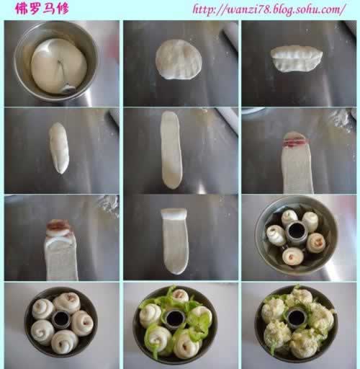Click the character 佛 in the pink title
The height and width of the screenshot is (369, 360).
point(21,9)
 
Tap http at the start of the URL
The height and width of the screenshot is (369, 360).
point(203,9)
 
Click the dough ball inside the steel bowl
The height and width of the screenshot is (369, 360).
point(59,66)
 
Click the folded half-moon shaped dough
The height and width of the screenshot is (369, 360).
point(297,58)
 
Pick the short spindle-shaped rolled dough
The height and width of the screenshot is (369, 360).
point(59,148)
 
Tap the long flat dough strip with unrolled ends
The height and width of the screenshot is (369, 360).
point(171,150)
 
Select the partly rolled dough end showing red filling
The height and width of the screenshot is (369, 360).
point(59,228)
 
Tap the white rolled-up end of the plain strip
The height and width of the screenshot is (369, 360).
point(174,214)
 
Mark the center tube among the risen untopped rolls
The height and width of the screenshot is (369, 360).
point(61,319)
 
